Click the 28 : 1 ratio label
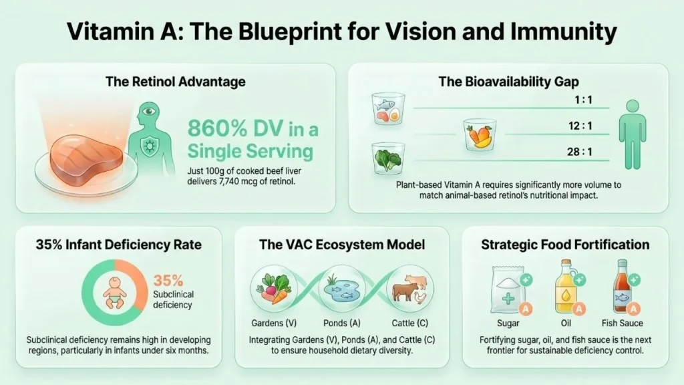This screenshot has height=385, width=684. point(580,152)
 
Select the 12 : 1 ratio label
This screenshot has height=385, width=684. point(580,126)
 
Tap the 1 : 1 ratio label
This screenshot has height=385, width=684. point(583,100)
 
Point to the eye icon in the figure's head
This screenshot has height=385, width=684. point(149,112)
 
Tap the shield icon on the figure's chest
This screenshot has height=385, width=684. point(150,146)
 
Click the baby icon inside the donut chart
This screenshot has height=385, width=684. point(115,293)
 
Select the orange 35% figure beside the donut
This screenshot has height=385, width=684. point(168,280)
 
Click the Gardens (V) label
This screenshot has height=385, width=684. point(274,323)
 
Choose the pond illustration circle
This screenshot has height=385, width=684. point(342,288)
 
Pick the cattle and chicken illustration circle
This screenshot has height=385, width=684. point(410,288)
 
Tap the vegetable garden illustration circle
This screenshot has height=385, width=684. point(274,288)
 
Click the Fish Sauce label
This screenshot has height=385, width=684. point(622,323)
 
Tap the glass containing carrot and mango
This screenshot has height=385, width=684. point(480,134)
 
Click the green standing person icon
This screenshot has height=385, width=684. point(633,134)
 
